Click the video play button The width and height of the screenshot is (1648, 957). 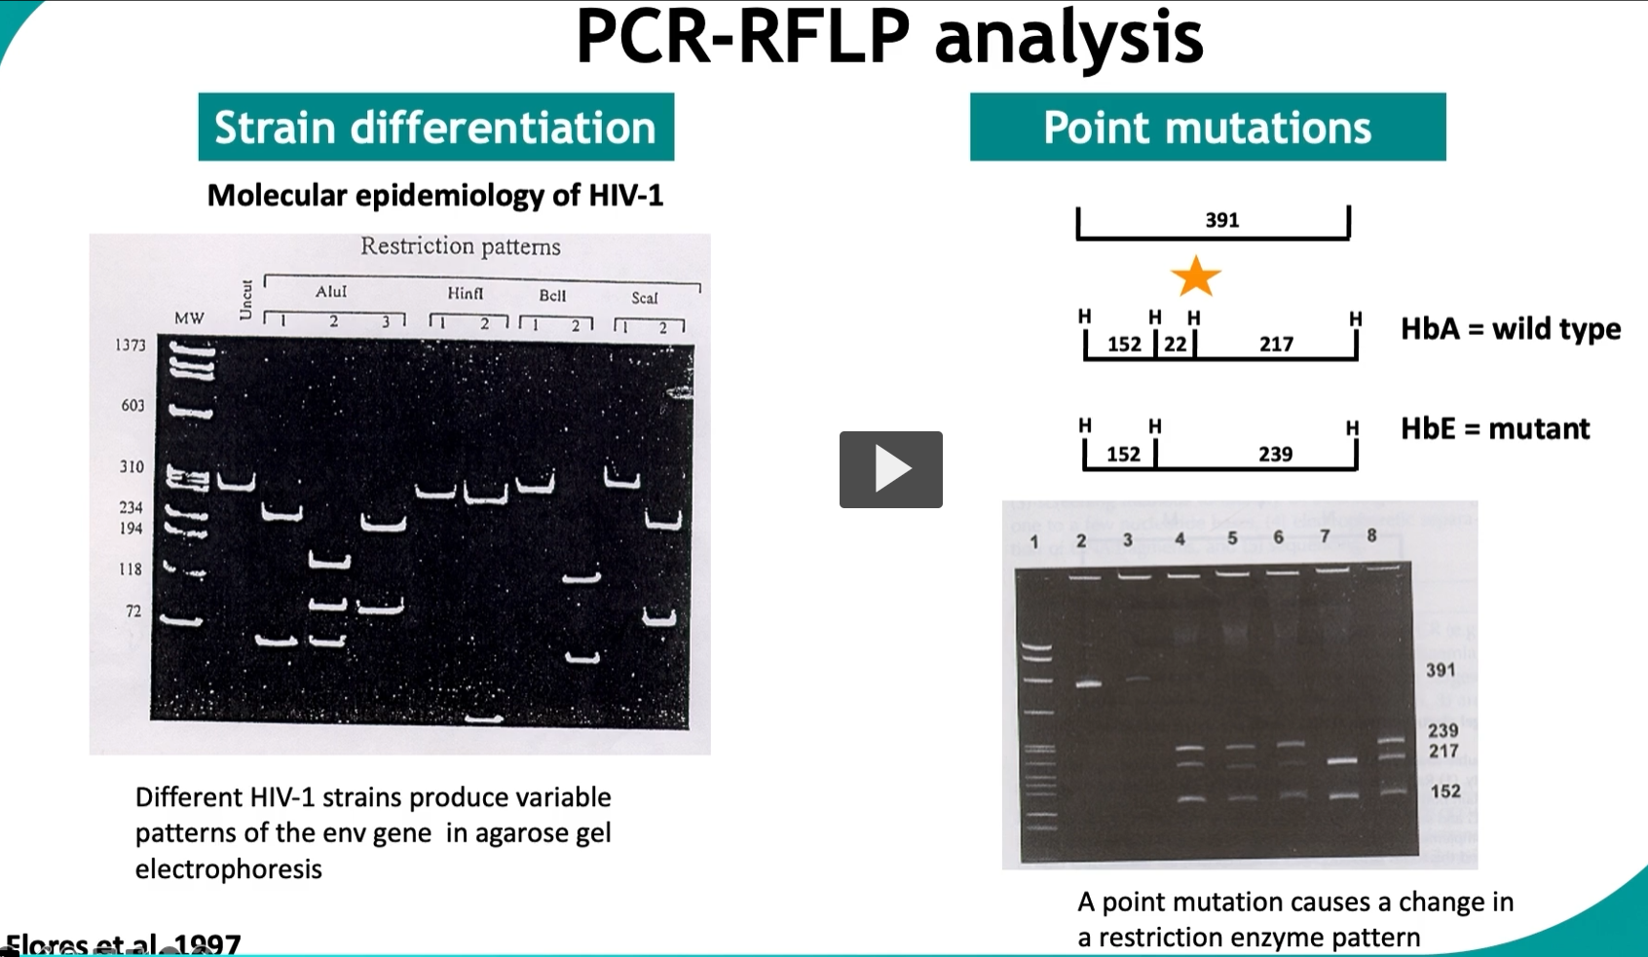point(890,469)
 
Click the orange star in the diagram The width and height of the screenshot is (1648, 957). point(1195,277)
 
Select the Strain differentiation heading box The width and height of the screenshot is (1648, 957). point(435,128)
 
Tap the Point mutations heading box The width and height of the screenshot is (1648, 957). point(1207,128)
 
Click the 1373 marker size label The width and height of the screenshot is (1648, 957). point(130,345)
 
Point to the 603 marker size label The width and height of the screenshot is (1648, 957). point(132,405)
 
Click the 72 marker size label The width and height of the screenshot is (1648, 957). point(133,611)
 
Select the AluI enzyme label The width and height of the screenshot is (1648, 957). point(331,292)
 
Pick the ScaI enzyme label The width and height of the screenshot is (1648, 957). point(645,298)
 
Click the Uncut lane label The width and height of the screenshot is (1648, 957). point(245,300)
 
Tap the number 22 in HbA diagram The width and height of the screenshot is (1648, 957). point(1176,344)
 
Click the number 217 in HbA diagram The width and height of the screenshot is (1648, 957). point(1276,344)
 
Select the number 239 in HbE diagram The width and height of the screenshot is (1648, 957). point(1275,454)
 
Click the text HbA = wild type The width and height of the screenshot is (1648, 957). point(1511,329)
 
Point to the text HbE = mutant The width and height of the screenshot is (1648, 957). point(1495,429)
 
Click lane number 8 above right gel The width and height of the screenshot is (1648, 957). point(1371,535)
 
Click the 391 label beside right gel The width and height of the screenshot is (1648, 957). point(1441,670)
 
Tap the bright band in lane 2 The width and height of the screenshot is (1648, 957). point(1088,684)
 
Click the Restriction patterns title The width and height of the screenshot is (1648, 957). point(460,246)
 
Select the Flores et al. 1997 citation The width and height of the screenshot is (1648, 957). point(123,944)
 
